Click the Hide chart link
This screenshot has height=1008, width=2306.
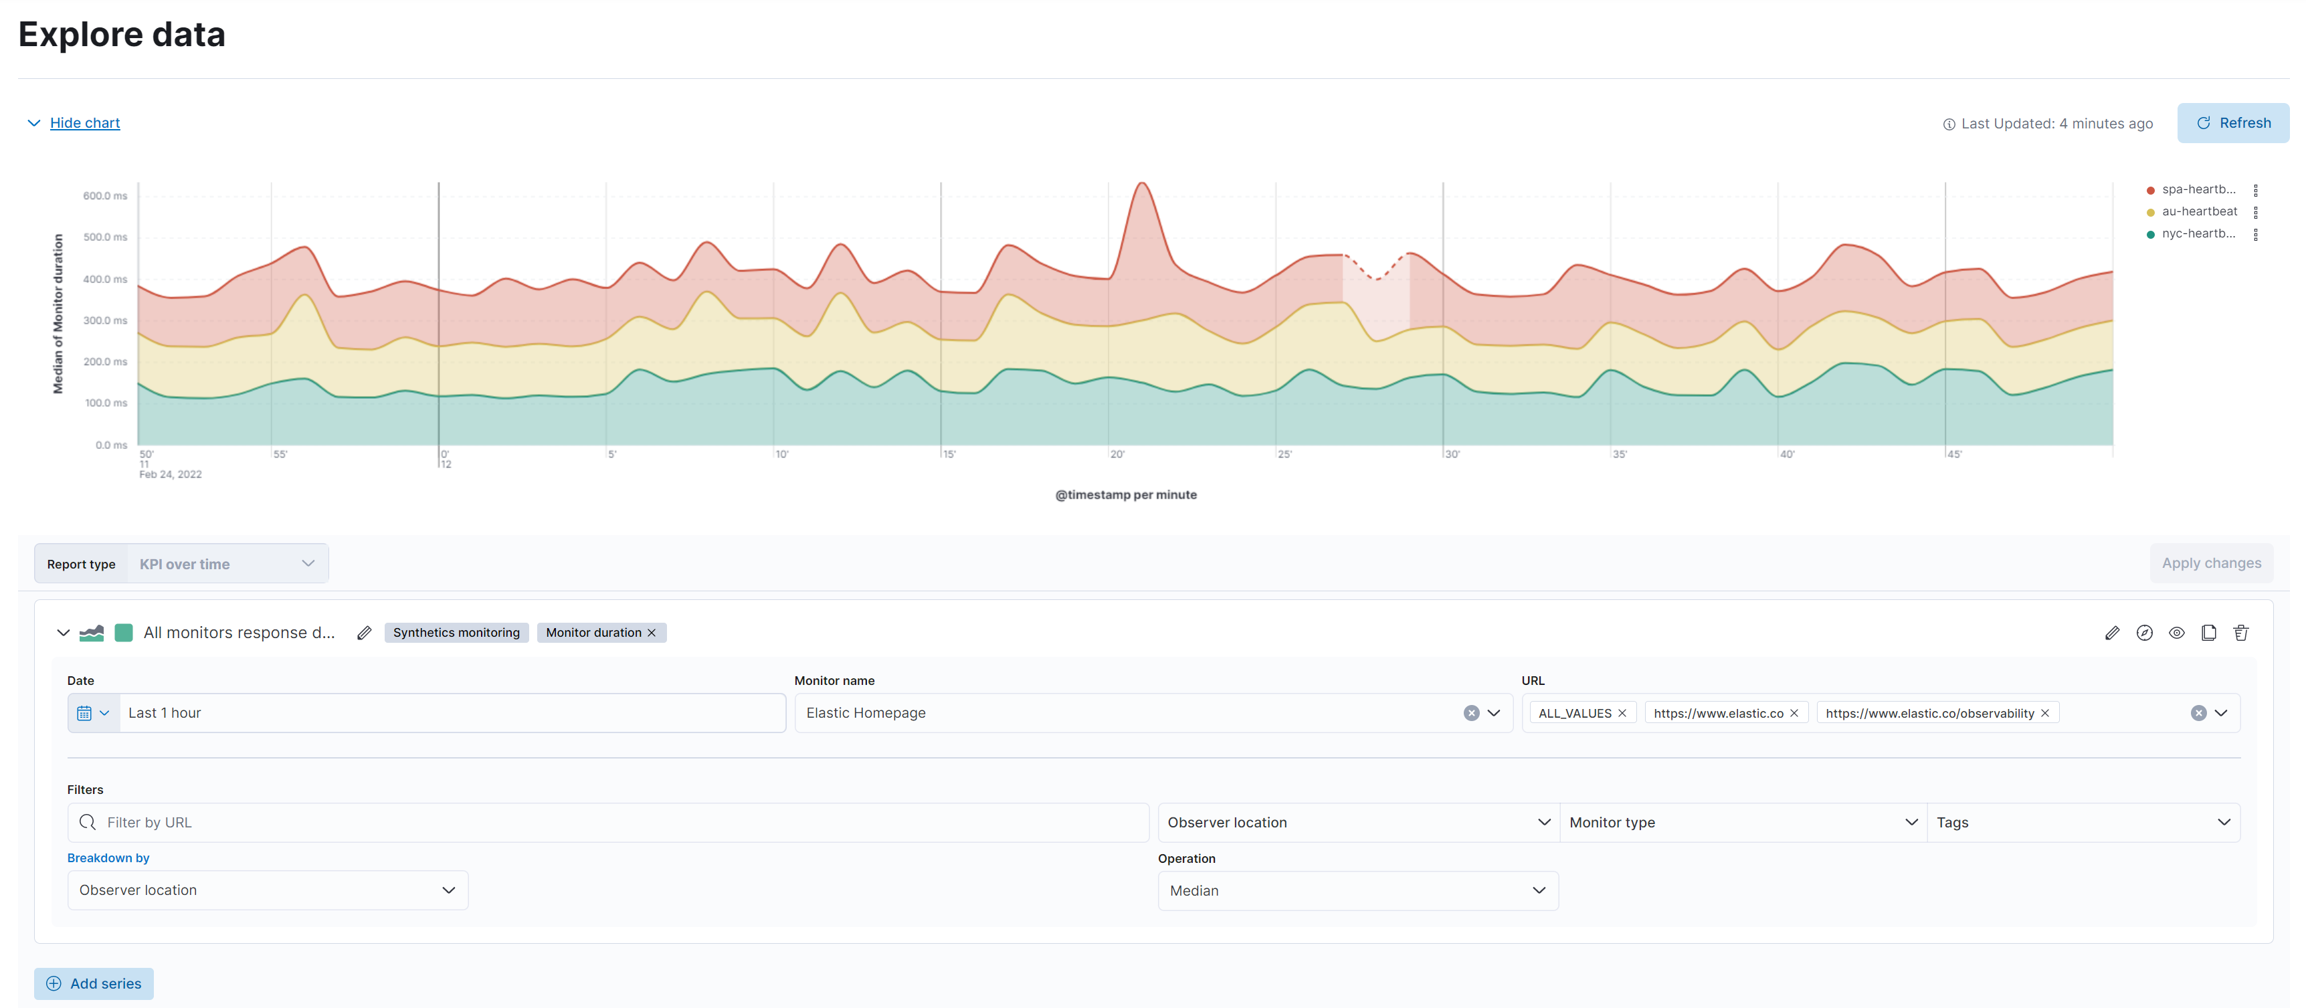84,122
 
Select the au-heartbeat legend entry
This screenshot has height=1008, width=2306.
2198,211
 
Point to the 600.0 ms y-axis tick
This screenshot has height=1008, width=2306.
105,195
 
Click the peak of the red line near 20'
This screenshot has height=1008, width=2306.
1142,185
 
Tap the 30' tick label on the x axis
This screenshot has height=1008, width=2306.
1452,455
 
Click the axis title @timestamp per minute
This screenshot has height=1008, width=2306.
1125,494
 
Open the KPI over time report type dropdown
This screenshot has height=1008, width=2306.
227,564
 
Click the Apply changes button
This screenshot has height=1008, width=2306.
2210,563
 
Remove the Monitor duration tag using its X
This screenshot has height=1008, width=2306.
652,633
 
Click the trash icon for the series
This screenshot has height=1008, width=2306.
2240,633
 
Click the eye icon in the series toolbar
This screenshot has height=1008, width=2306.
2176,633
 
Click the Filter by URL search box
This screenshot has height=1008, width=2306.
609,822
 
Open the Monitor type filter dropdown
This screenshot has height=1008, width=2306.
1742,822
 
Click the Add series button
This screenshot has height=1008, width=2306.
94,983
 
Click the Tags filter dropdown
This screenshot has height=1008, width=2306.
2082,822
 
